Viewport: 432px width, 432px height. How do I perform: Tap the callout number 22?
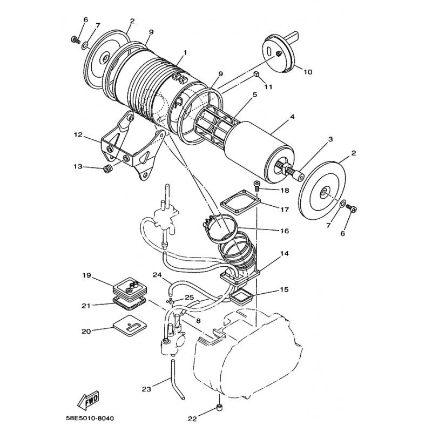point(192,419)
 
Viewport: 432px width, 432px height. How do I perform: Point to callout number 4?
point(292,117)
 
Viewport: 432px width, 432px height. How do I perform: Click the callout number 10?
point(308,72)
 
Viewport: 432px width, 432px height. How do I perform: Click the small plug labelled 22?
point(220,407)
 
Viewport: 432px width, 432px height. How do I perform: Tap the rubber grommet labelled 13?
point(107,169)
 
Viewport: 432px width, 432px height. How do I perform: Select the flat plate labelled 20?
point(130,327)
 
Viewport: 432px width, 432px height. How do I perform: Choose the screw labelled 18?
point(256,185)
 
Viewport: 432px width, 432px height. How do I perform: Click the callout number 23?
point(146,389)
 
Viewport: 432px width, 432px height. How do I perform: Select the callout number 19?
point(86,275)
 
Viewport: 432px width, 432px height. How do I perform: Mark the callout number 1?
point(185,52)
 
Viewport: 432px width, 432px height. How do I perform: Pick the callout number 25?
point(190,298)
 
